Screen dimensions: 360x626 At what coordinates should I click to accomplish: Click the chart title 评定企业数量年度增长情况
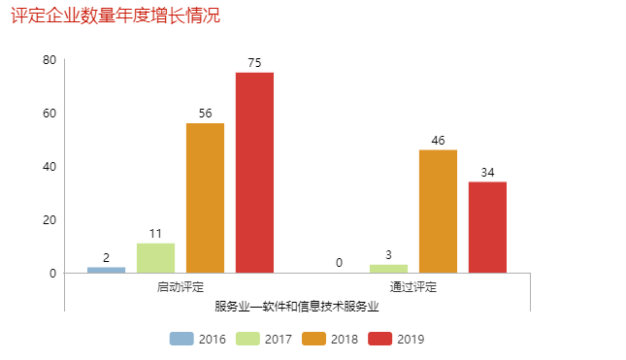click(x=115, y=16)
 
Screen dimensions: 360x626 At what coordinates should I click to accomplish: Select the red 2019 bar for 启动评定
click(x=254, y=173)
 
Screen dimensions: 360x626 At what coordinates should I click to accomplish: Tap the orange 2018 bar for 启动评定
click(x=205, y=198)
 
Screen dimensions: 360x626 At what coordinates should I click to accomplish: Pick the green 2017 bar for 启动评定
click(x=155, y=258)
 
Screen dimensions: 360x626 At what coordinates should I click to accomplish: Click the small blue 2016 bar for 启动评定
click(x=106, y=270)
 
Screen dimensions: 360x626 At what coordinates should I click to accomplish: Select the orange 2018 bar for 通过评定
click(x=438, y=212)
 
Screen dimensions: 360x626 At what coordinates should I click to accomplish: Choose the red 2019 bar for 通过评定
click(x=487, y=227)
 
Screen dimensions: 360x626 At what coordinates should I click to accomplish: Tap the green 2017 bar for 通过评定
click(x=388, y=269)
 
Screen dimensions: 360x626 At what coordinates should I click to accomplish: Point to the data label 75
click(x=254, y=63)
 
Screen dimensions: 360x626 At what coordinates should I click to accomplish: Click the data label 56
click(x=205, y=114)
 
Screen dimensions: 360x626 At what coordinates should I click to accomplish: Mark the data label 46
click(x=438, y=141)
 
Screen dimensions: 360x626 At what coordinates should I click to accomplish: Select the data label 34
click(x=487, y=173)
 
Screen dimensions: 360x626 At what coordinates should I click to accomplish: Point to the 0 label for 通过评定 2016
click(x=339, y=263)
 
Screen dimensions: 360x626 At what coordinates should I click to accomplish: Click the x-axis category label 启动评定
click(x=181, y=287)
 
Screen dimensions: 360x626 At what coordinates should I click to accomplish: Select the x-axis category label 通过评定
click(x=413, y=287)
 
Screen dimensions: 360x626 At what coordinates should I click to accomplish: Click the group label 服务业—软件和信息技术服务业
click(x=297, y=306)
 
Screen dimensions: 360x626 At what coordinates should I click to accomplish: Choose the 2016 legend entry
click(x=198, y=339)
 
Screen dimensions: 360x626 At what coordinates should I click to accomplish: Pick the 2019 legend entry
click(x=397, y=339)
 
